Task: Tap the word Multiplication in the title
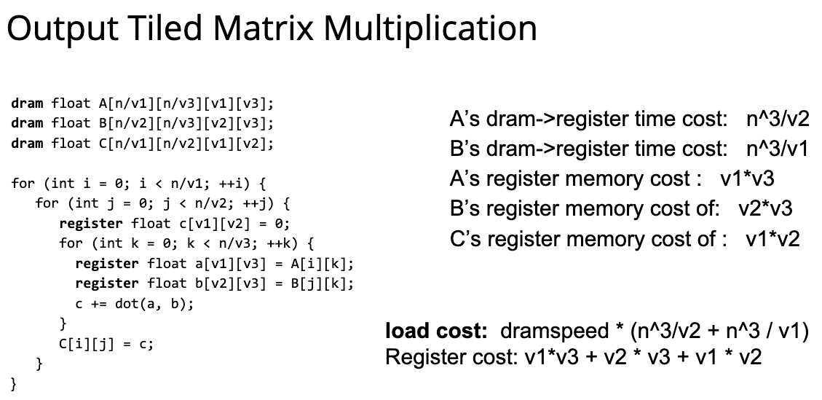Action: click(430, 30)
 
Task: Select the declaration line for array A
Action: click(142, 103)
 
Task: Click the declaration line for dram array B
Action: click(142, 123)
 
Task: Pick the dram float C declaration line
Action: click(142, 144)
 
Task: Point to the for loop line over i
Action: click(139, 184)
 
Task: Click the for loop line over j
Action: click(162, 203)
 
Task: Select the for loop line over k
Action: click(186, 243)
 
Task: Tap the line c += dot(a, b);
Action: click(135, 303)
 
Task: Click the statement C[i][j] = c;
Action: click(106, 344)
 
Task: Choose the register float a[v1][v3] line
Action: click(215, 264)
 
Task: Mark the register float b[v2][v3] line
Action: click(215, 283)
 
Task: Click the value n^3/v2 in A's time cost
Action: click(778, 119)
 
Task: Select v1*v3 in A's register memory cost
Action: click(747, 179)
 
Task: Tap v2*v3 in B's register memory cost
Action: click(765, 209)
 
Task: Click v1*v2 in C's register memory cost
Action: click(772, 239)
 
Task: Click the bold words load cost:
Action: click(437, 331)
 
